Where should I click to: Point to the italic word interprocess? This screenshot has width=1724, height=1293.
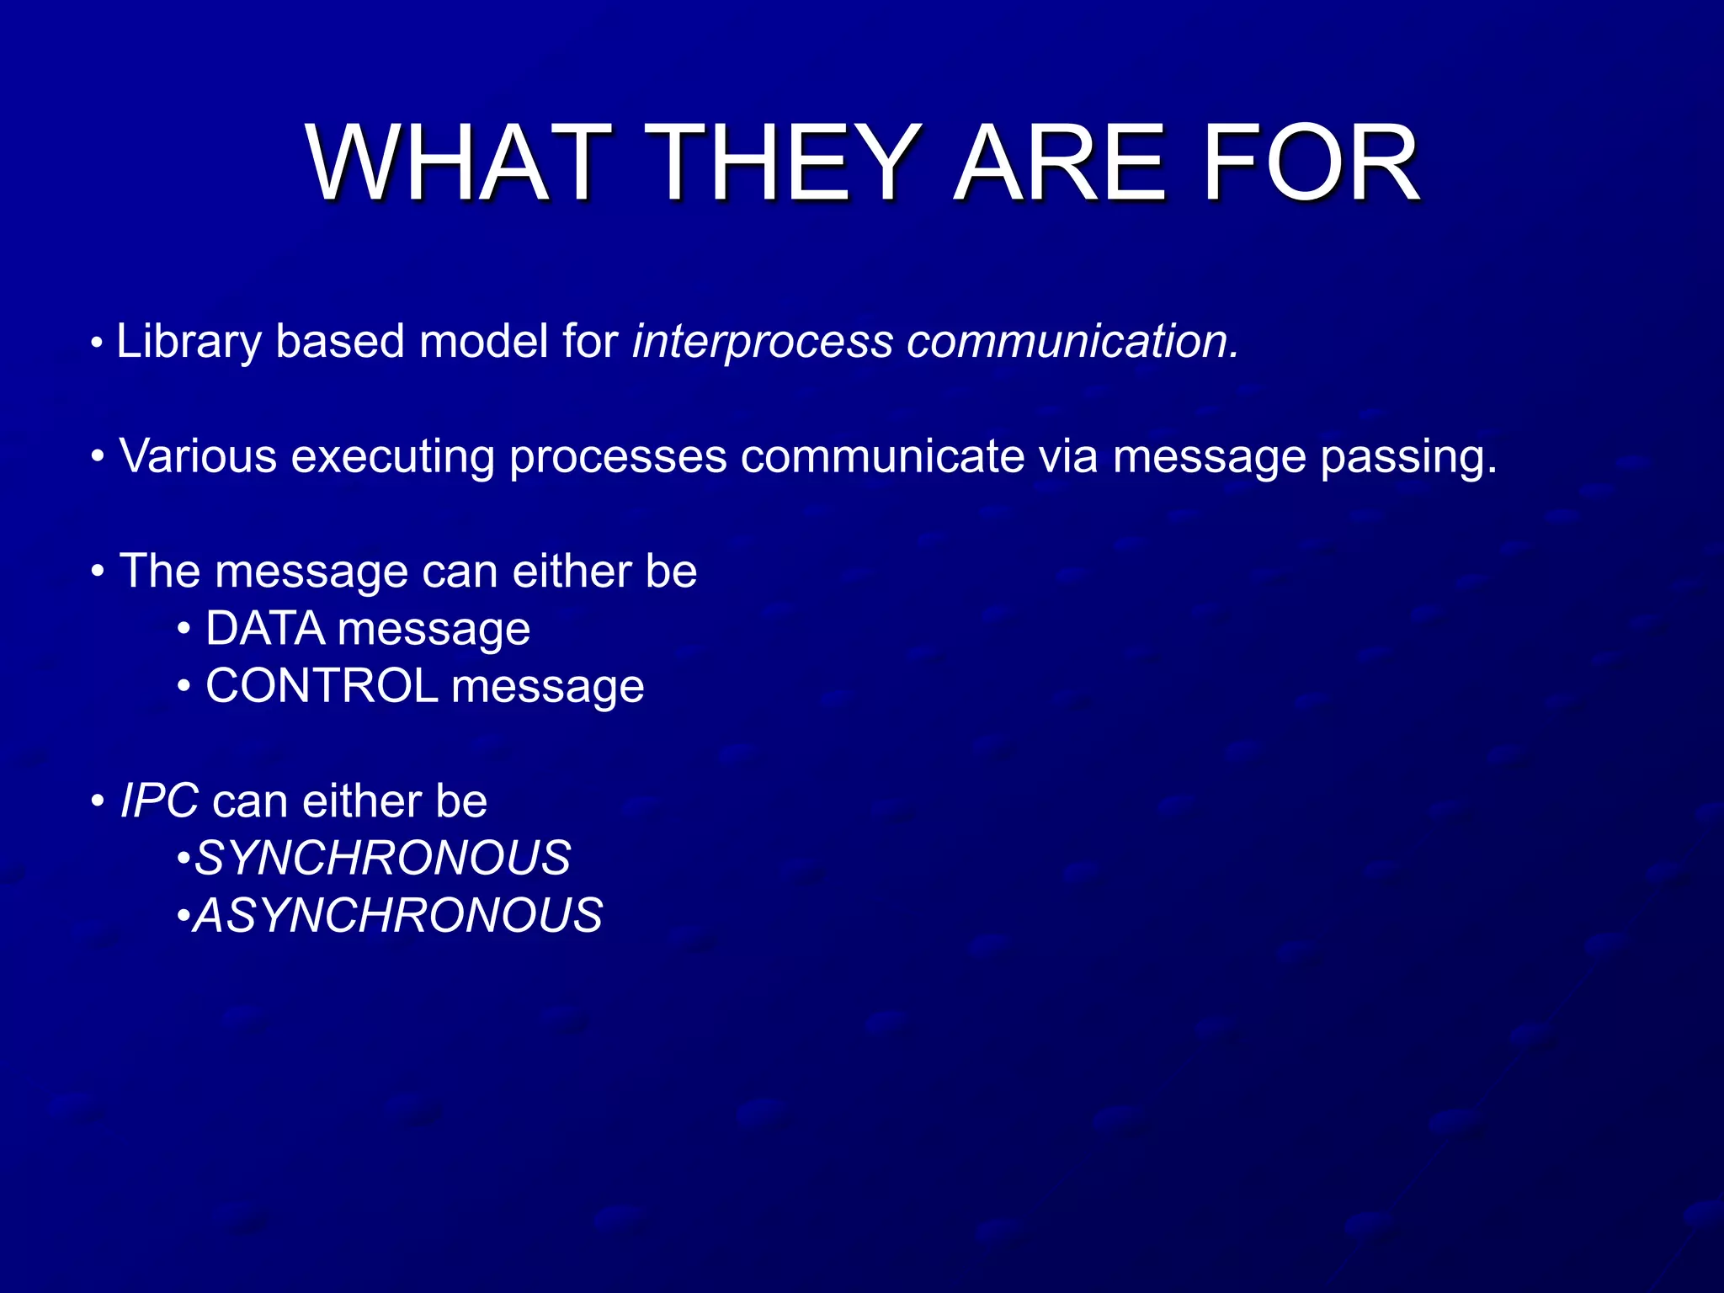point(763,342)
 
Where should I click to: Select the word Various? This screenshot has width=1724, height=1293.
point(199,456)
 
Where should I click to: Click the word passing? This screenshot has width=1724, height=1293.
point(1408,456)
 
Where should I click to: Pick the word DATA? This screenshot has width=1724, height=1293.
point(265,629)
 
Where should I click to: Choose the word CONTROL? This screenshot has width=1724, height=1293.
point(322,686)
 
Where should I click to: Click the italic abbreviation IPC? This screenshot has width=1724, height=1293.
point(159,801)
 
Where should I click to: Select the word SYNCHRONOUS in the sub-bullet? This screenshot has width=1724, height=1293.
point(383,859)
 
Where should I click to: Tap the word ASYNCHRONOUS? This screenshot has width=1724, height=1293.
point(398,916)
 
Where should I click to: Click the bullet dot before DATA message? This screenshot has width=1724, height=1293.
point(184,630)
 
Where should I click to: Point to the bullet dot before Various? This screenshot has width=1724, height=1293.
point(98,457)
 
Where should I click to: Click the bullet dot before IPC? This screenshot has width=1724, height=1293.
point(98,801)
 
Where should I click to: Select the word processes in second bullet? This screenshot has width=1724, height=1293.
point(618,456)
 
